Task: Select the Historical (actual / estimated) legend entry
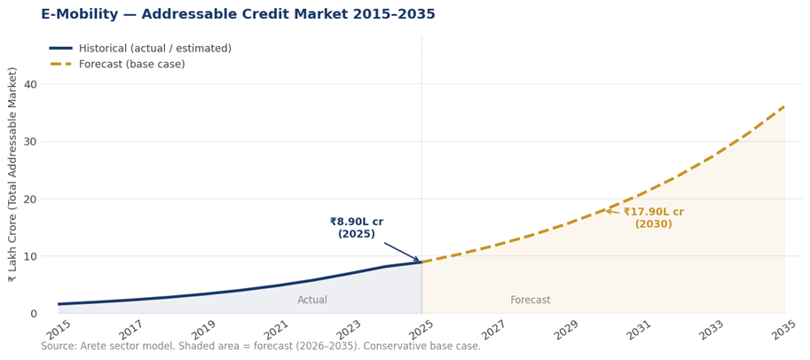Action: tap(154, 49)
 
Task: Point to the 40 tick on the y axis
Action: tap(30, 84)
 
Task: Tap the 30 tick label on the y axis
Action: tap(30, 142)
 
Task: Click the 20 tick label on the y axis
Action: tap(30, 199)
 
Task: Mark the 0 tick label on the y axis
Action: tap(34, 313)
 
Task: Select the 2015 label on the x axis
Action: tap(59, 330)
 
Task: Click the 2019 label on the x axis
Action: tap(205, 330)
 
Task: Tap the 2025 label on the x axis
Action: tap(422, 330)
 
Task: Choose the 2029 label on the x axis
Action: tap(567, 330)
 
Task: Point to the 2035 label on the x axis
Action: tap(784, 330)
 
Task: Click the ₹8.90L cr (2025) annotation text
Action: tap(357, 228)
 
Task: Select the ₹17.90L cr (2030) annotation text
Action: tap(653, 218)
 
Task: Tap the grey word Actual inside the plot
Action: tap(312, 301)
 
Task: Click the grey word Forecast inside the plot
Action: tap(531, 301)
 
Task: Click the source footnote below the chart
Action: tap(261, 347)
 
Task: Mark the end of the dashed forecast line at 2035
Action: tap(784, 106)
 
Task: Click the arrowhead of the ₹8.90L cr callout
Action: tap(420, 262)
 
